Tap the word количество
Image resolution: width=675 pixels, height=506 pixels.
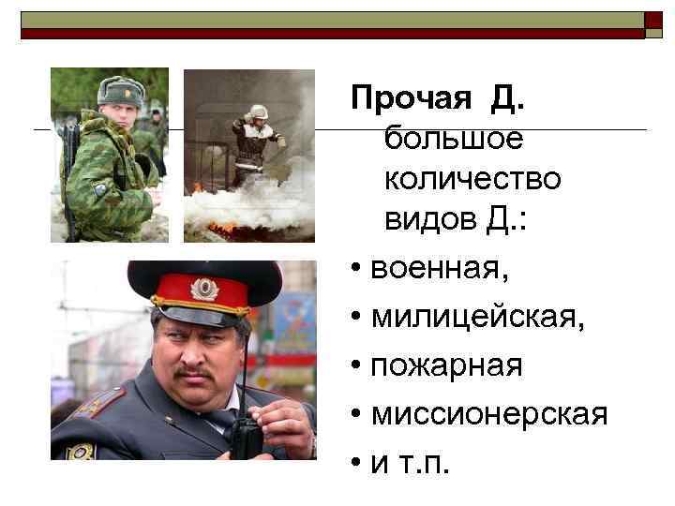click(472, 179)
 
